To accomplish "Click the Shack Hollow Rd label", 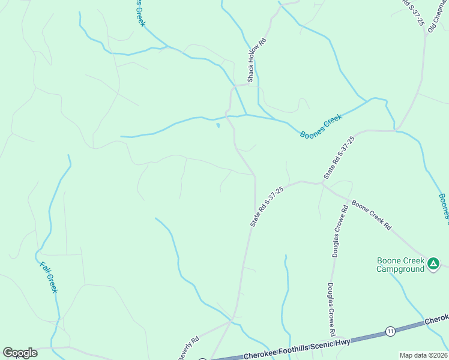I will [x=255, y=60].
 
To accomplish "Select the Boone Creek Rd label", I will [x=372, y=215].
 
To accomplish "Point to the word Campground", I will [x=400, y=269].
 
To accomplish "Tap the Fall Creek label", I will [x=49, y=277].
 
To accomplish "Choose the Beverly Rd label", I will [x=187, y=349].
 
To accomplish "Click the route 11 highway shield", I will [x=391, y=331].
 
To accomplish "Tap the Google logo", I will [x=20, y=353].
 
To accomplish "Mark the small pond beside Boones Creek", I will [x=218, y=125].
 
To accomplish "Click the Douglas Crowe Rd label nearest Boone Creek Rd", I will [x=340, y=231].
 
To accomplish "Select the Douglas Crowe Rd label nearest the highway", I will [x=331, y=309].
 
